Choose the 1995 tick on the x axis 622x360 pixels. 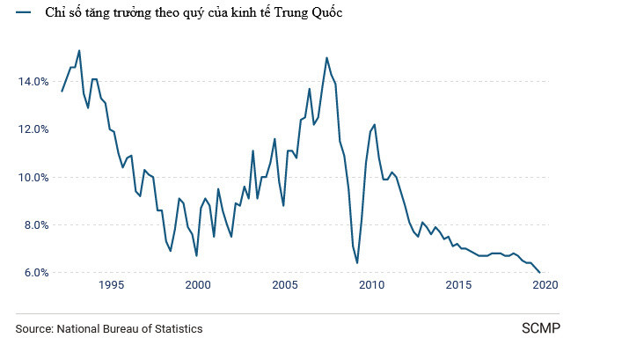[x=111, y=285]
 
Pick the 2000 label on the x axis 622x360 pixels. [x=198, y=285]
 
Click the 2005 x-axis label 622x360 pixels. [x=284, y=285]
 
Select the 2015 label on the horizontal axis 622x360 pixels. [x=457, y=285]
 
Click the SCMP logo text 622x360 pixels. [x=541, y=328]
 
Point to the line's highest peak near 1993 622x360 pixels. [x=79, y=50]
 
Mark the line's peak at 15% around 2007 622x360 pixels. [x=326, y=58]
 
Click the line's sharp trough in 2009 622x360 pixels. [x=357, y=262]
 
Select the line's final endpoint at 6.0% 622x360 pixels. [x=539, y=272]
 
